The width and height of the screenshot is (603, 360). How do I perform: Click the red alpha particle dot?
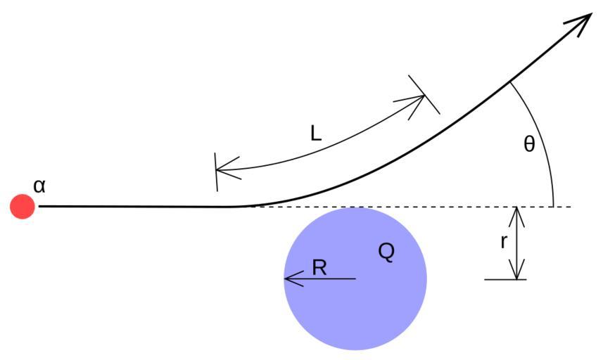click(x=23, y=207)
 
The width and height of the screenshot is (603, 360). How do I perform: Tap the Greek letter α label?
click(x=39, y=186)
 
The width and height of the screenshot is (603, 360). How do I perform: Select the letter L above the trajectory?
click(x=316, y=134)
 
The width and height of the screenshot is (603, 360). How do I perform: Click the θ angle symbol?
click(x=529, y=145)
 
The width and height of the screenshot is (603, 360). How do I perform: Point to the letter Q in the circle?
click(x=386, y=252)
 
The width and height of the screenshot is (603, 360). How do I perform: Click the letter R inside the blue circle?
click(x=319, y=267)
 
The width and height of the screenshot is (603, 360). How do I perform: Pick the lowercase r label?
click(x=504, y=242)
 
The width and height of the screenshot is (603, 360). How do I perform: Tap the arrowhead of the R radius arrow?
click(x=288, y=279)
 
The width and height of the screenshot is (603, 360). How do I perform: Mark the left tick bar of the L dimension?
click(x=216, y=171)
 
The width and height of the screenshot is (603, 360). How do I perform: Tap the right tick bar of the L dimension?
click(x=424, y=94)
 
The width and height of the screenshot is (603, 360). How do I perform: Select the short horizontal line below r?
click(x=505, y=280)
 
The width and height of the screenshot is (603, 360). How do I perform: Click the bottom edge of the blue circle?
click(x=355, y=349)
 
